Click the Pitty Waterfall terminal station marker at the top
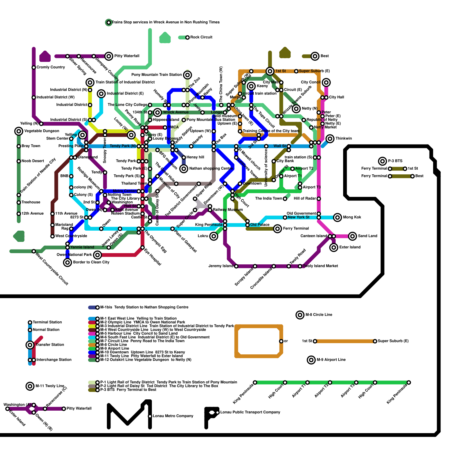click(109, 56)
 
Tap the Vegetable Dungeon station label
click(42, 131)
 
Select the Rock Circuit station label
click(201, 37)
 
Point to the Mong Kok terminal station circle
click(337, 217)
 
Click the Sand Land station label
click(367, 236)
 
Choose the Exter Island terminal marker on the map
click(334, 247)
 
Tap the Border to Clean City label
click(91, 262)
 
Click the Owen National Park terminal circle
click(97, 255)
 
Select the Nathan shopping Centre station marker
click(184, 169)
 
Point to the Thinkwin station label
click(343, 138)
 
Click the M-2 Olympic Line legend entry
click(143, 322)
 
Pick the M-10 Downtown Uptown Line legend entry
click(143, 352)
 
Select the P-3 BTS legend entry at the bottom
click(128, 390)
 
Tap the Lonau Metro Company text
click(173, 416)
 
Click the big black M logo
click(129, 415)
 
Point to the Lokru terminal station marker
click(214, 236)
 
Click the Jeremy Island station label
click(221, 266)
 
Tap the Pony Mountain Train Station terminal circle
click(187, 75)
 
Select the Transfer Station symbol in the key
click(30, 345)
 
